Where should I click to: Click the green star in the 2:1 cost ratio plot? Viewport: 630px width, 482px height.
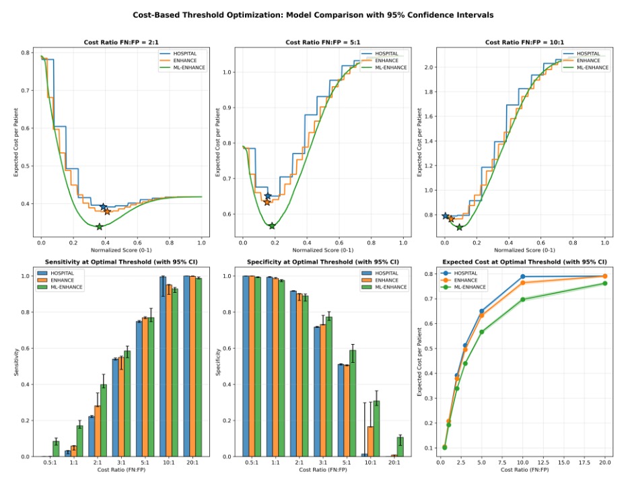click(100, 227)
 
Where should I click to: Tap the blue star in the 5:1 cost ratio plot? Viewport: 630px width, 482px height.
click(268, 196)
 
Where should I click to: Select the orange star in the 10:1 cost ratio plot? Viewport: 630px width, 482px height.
click(451, 219)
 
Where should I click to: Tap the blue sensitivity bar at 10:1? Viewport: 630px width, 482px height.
click(163, 367)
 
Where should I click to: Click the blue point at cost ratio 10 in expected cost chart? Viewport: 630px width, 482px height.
click(522, 277)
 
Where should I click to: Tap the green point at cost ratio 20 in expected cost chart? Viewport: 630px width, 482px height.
click(604, 283)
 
